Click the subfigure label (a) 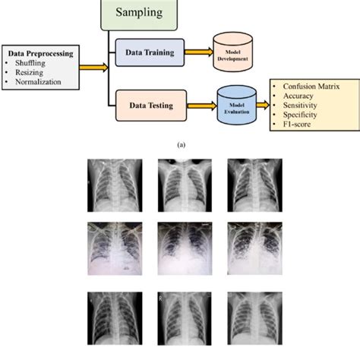click(180, 144)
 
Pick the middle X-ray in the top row click(179, 182)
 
